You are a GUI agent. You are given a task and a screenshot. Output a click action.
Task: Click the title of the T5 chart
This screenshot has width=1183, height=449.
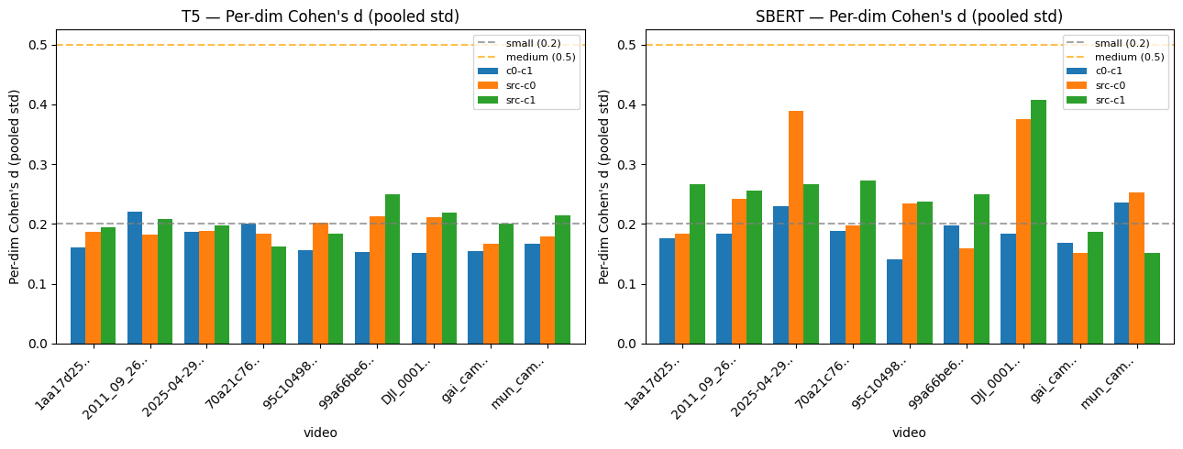pyautogui.click(x=320, y=16)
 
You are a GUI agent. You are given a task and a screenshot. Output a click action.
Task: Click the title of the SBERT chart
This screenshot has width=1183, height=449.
pyautogui.click(x=909, y=16)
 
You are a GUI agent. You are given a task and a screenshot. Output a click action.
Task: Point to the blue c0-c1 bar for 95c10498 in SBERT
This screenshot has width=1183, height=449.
pyautogui.click(x=894, y=301)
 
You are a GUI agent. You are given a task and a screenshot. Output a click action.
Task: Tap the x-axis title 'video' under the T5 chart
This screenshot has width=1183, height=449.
pyautogui.click(x=320, y=433)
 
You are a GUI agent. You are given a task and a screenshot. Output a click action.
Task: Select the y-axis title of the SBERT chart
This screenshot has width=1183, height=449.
pyautogui.click(x=604, y=187)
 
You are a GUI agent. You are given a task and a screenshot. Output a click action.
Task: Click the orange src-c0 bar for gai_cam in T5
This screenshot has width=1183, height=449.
pyautogui.click(x=491, y=294)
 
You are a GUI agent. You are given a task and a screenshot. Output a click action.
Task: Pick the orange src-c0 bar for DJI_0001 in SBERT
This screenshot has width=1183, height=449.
pyautogui.click(x=1023, y=232)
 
